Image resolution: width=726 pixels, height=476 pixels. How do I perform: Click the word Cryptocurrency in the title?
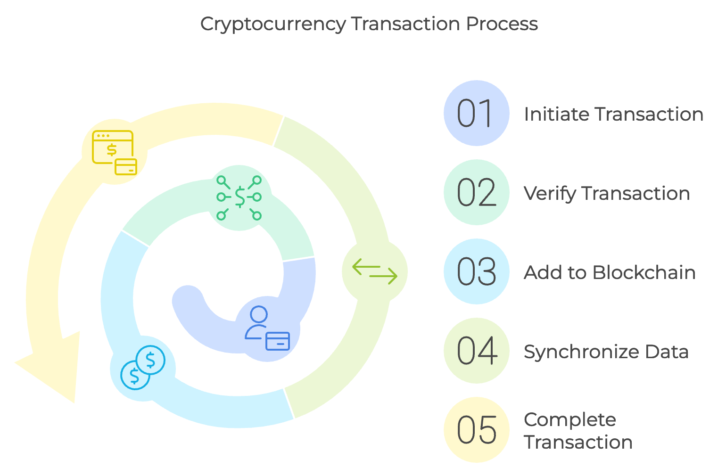pyautogui.click(x=273, y=24)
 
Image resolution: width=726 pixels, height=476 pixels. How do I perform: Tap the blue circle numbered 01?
pyautogui.click(x=476, y=113)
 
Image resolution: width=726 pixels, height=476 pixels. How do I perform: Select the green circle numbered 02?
pyautogui.click(x=476, y=192)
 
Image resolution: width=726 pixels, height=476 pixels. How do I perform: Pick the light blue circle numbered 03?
pyautogui.click(x=476, y=271)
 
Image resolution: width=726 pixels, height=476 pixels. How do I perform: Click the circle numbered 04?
pyautogui.click(x=476, y=351)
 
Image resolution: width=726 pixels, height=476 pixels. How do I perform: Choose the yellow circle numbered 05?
pyautogui.click(x=476, y=430)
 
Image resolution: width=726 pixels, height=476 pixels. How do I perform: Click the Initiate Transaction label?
pyautogui.click(x=613, y=114)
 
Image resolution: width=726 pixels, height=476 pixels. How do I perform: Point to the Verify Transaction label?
pyautogui.click(x=607, y=193)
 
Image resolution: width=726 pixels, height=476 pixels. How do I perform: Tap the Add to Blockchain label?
pyautogui.click(x=610, y=272)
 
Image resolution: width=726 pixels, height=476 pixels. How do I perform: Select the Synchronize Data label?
pyautogui.click(x=606, y=352)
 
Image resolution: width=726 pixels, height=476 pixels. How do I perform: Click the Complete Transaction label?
pyautogui.click(x=578, y=431)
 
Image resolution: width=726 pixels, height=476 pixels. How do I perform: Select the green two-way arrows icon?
pyautogui.click(x=375, y=271)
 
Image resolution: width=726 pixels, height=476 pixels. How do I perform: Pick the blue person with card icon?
pyautogui.click(x=267, y=328)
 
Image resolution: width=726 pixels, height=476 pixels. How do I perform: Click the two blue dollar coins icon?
pyautogui.click(x=143, y=368)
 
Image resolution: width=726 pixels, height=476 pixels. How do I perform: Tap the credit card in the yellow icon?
pyautogui.click(x=126, y=166)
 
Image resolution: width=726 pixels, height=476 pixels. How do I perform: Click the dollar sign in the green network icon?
pyautogui.click(x=240, y=197)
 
